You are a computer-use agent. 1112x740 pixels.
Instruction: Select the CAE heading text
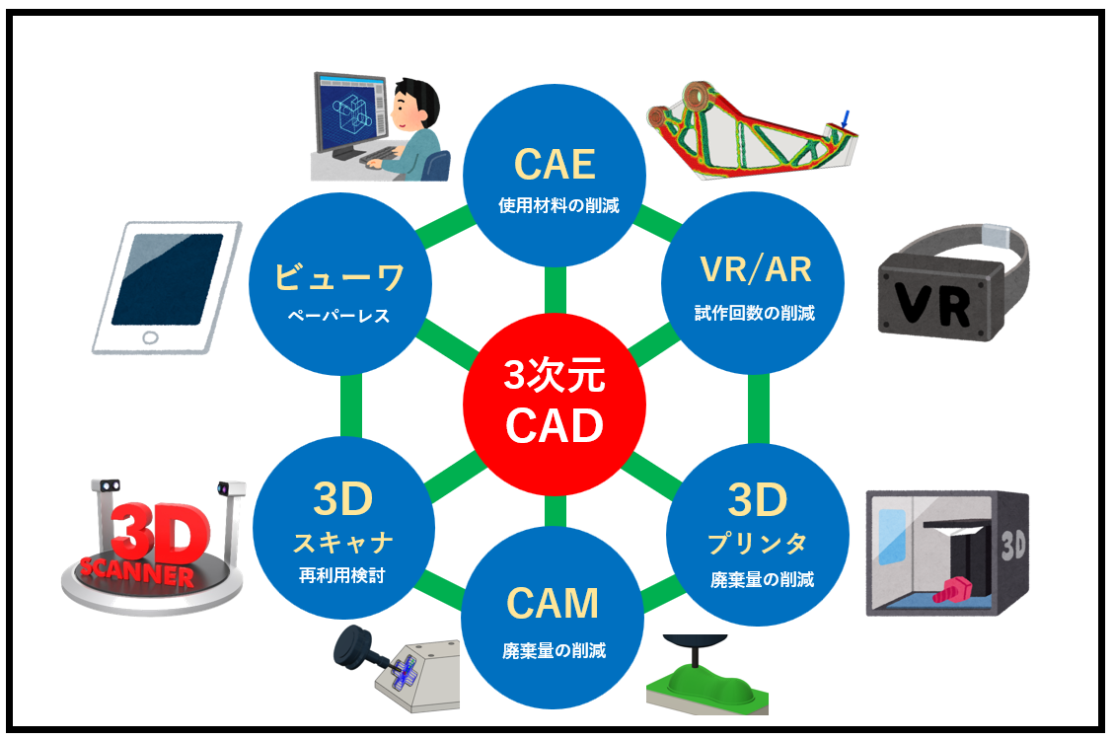(x=555, y=165)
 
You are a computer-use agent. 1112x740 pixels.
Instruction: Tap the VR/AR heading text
(x=755, y=269)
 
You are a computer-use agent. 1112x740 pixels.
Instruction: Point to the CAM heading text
(x=553, y=604)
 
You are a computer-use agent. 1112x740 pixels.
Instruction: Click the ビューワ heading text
(x=339, y=276)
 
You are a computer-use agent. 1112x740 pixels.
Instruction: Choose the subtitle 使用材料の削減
(x=558, y=206)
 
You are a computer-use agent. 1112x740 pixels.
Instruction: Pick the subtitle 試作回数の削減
(x=755, y=313)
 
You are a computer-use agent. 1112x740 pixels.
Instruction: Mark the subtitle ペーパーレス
(x=339, y=316)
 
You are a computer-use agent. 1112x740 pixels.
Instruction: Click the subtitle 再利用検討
(x=341, y=575)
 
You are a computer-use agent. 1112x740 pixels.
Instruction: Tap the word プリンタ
(x=758, y=544)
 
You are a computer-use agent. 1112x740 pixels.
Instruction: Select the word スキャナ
(x=343, y=543)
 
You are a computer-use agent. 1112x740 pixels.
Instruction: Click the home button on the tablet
(x=150, y=337)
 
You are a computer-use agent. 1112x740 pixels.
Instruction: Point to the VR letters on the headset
(x=931, y=304)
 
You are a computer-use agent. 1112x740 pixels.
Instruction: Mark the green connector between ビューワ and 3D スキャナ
(x=351, y=406)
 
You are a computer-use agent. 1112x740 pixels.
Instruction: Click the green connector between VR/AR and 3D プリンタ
(x=758, y=408)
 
